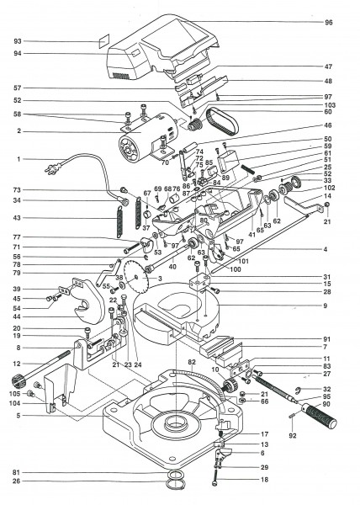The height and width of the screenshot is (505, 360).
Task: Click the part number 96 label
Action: coord(329,22)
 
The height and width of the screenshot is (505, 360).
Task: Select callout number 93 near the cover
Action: coord(17,40)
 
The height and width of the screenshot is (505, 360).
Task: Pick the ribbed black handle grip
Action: coord(314,415)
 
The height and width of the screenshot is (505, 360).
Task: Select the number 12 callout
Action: coord(17,363)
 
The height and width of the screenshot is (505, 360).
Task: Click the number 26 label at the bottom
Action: coord(17,481)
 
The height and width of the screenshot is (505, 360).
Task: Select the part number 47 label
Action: coord(329,66)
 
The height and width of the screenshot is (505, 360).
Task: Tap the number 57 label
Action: coord(17,88)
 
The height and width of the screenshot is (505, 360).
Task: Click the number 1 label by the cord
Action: coord(17,159)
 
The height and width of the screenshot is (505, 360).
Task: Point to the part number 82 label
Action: coord(193,360)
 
